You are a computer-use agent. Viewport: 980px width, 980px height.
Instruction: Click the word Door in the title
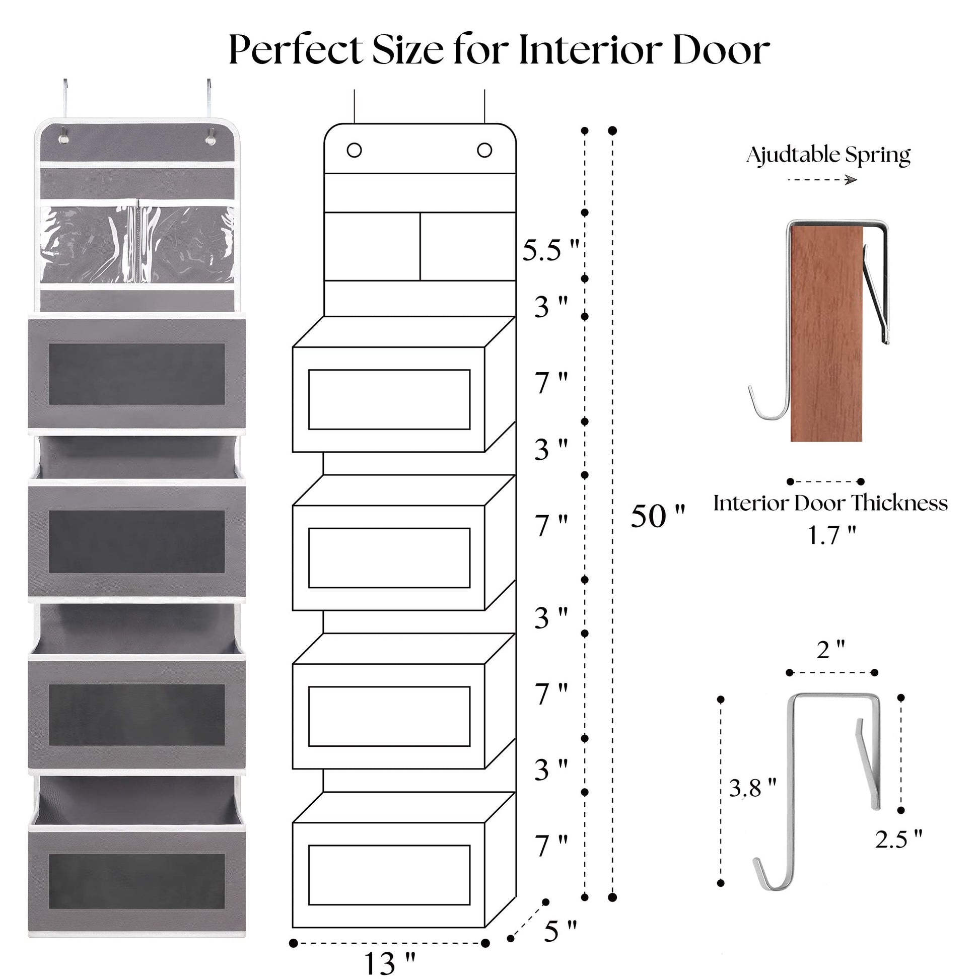pyautogui.click(x=721, y=50)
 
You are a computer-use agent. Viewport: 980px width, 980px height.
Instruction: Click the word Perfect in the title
pyautogui.click(x=296, y=50)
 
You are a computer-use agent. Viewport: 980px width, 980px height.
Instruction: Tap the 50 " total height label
pyautogui.click(x=657, y=517)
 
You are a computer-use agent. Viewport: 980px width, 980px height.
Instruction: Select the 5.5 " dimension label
pyautogui.click(x=550, y=250)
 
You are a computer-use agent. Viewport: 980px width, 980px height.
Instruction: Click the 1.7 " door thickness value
pyautogui.click(x=831, y=536)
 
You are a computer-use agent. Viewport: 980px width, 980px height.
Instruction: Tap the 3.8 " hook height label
pyautogui.click(x=752, y=788)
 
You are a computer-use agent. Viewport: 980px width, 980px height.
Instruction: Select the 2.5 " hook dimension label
pyautogui.click(x=898, y=839)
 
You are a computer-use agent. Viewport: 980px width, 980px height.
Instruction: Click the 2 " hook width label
pyautogui.click(x=830, y=650)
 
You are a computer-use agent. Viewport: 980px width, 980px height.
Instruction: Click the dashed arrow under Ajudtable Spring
pyautogui.click(x=822, y=180)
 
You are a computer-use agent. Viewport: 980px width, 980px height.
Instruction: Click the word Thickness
pyautogui.click(x=898, y=503)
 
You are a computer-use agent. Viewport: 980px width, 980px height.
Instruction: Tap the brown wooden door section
pyautogui.click(x=826, y=335)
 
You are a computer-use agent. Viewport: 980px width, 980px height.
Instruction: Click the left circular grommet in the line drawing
pyautogui.click(x=354, y=150)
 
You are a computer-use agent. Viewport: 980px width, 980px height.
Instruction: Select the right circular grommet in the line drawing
pyautogui.click(x=484, y=150)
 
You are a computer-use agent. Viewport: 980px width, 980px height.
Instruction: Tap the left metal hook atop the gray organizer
pyautogui.click(x=65, y=99)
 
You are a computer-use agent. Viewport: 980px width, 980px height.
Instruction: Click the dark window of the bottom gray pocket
pyautogui.click(x=137, y=881)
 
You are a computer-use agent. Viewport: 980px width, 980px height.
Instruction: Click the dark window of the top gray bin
pyautogui.click(x=137, y=374)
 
